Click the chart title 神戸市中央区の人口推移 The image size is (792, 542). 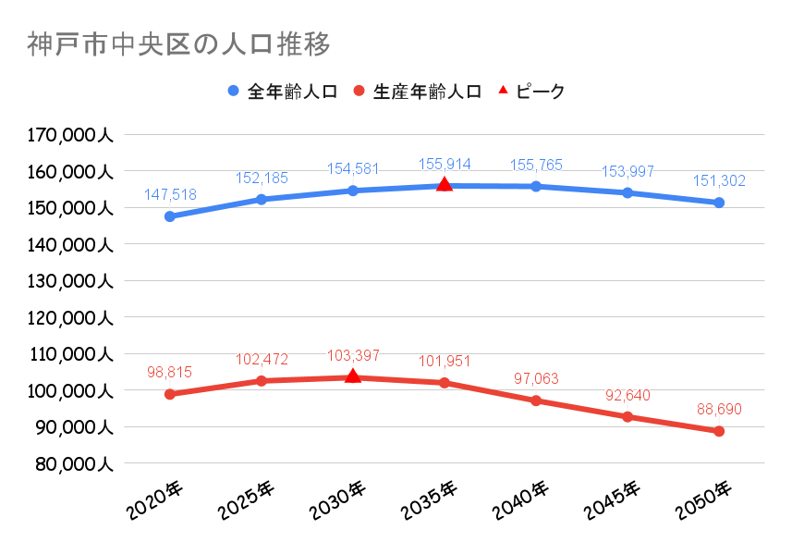point(178,44)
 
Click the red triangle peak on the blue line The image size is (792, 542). point(445,185)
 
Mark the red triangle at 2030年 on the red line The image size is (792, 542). point(353,376)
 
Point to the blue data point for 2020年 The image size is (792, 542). point(170,216)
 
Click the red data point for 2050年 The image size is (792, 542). point(719,431)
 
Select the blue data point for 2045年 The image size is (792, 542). point(628,192)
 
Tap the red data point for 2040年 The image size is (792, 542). point(536,400)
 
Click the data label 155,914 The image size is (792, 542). point(445,165)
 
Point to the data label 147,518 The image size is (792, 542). point(170,195)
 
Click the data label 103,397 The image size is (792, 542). point(352,356)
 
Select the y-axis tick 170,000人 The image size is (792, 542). point(70,135)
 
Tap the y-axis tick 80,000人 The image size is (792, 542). point(74,463)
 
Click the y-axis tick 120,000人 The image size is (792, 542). point(70,317)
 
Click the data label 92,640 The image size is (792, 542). point(627,395)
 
